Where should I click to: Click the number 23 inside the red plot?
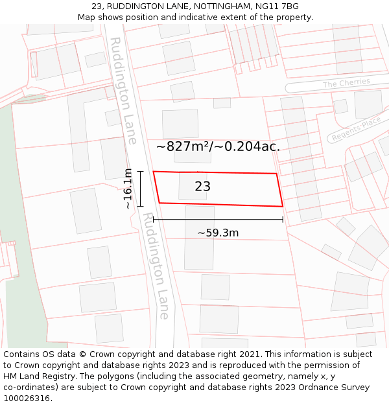(x=202, y=187)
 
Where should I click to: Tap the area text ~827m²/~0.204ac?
(x=218, y=146)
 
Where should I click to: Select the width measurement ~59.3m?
(x=218, y=233)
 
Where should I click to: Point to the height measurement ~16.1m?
(x=128, y=189)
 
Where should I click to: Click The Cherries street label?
(x=346, y=83)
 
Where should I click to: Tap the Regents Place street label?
(x=356, y=130)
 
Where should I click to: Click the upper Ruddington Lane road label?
(x=123, y=90)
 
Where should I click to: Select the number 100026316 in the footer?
(x=27, y=399)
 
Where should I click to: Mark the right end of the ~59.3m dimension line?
(x=283, y=220)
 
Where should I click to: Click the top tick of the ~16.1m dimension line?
(x=139, y=171)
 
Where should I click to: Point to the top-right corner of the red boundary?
(x=277, y=174)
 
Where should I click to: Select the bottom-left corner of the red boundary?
(x=159, y=203)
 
